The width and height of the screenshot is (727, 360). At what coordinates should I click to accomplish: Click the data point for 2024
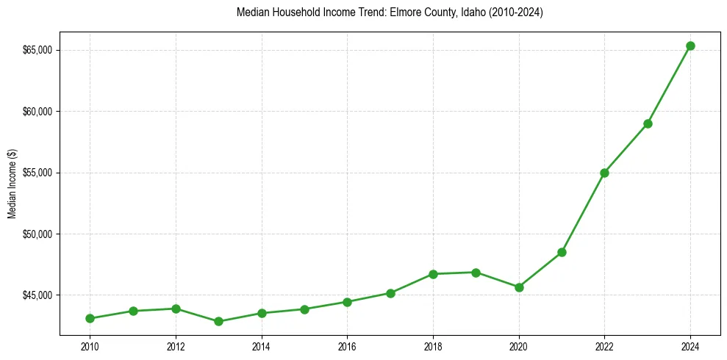pos(690,46)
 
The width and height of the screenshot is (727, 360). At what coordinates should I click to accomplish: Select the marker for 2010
pos(90,318)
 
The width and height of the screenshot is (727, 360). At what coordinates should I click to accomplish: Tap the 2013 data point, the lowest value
pos(218,321)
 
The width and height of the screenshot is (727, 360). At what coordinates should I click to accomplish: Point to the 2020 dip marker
pos(519,287)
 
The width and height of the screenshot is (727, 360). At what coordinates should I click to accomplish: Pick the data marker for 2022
pos(604,173)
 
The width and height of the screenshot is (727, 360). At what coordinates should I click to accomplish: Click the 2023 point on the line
pos(648,123)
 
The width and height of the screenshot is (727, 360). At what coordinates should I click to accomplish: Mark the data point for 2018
pos(433,274)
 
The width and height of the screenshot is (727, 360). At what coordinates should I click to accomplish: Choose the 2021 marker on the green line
pos(562,252)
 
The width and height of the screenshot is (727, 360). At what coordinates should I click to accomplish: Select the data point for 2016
pos(347,302)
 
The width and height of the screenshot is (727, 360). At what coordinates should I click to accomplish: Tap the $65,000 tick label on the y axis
pos(38,50)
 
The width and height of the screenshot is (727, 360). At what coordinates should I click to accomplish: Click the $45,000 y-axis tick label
pos(38,295)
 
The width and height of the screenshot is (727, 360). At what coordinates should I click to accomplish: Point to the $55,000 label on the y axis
pos(38,173)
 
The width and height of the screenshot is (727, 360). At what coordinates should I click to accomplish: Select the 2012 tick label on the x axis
pos(176,346)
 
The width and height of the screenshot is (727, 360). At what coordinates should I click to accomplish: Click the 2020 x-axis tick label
pos(519,346)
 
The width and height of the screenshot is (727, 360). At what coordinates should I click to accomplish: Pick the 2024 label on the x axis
pos(690,346)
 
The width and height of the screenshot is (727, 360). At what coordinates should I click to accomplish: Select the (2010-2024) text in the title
pos(518,12)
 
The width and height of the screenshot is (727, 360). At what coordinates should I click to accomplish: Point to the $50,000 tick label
pos(38,234)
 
